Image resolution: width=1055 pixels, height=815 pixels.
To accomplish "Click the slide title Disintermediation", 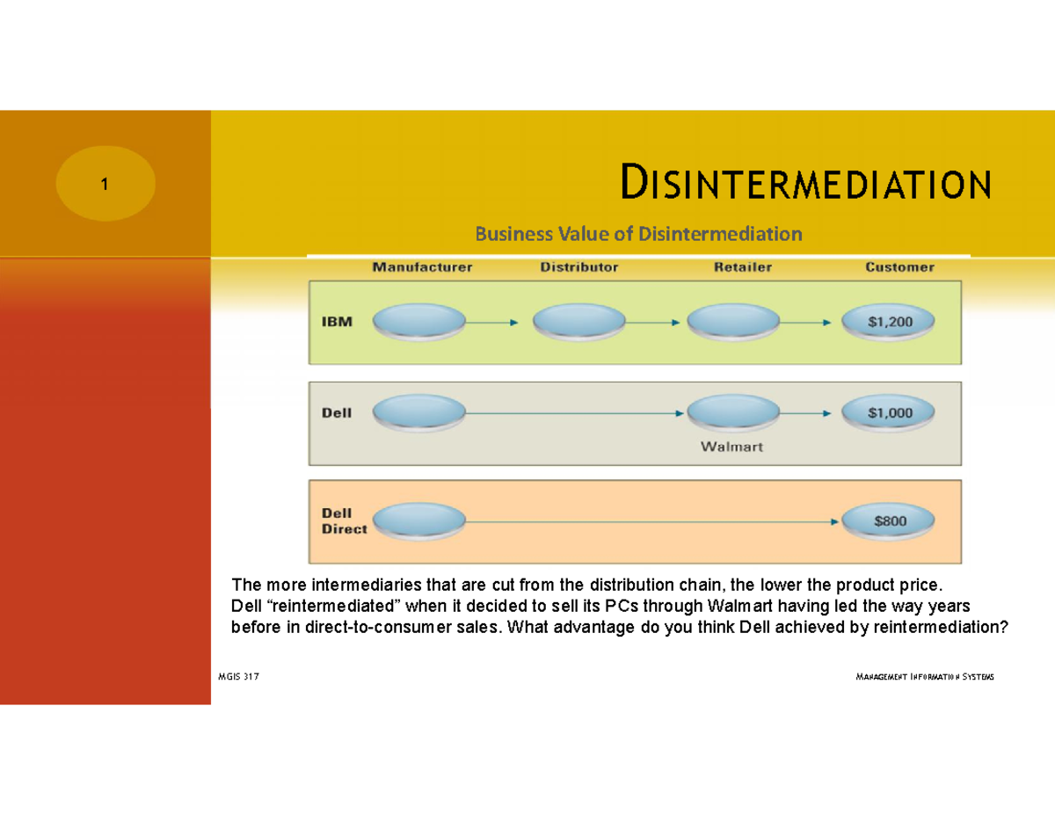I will (x=805, y=184).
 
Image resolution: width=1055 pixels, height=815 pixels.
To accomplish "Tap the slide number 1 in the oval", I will (x=105, y=185).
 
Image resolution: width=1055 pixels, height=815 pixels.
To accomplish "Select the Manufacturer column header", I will (x=422, y=267).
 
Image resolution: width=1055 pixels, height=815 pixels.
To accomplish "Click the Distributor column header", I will (x=578, y=267).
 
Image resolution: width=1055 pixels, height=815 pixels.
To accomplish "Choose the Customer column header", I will (x=899, y=267).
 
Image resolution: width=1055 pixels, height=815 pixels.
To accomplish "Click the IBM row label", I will (x=335, y=322).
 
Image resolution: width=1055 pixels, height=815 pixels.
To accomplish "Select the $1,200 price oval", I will (x=890, y=322).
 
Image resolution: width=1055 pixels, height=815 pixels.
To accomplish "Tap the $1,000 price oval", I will (x=890, y=412).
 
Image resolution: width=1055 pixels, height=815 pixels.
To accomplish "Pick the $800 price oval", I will (x=890, y=520).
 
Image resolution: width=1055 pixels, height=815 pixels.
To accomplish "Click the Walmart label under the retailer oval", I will (x=731, y=447).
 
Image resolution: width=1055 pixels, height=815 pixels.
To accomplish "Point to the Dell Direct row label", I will (x=344, y=520).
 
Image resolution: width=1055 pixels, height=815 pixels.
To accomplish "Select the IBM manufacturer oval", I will (x=419, y=322).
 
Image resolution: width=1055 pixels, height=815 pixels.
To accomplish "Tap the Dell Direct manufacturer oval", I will (x=419, y=520).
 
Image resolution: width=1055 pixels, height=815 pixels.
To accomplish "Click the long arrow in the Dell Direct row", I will (x=651, y=520).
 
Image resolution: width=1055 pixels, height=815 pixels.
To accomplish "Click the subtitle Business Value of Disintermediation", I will (x=639, y=234).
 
